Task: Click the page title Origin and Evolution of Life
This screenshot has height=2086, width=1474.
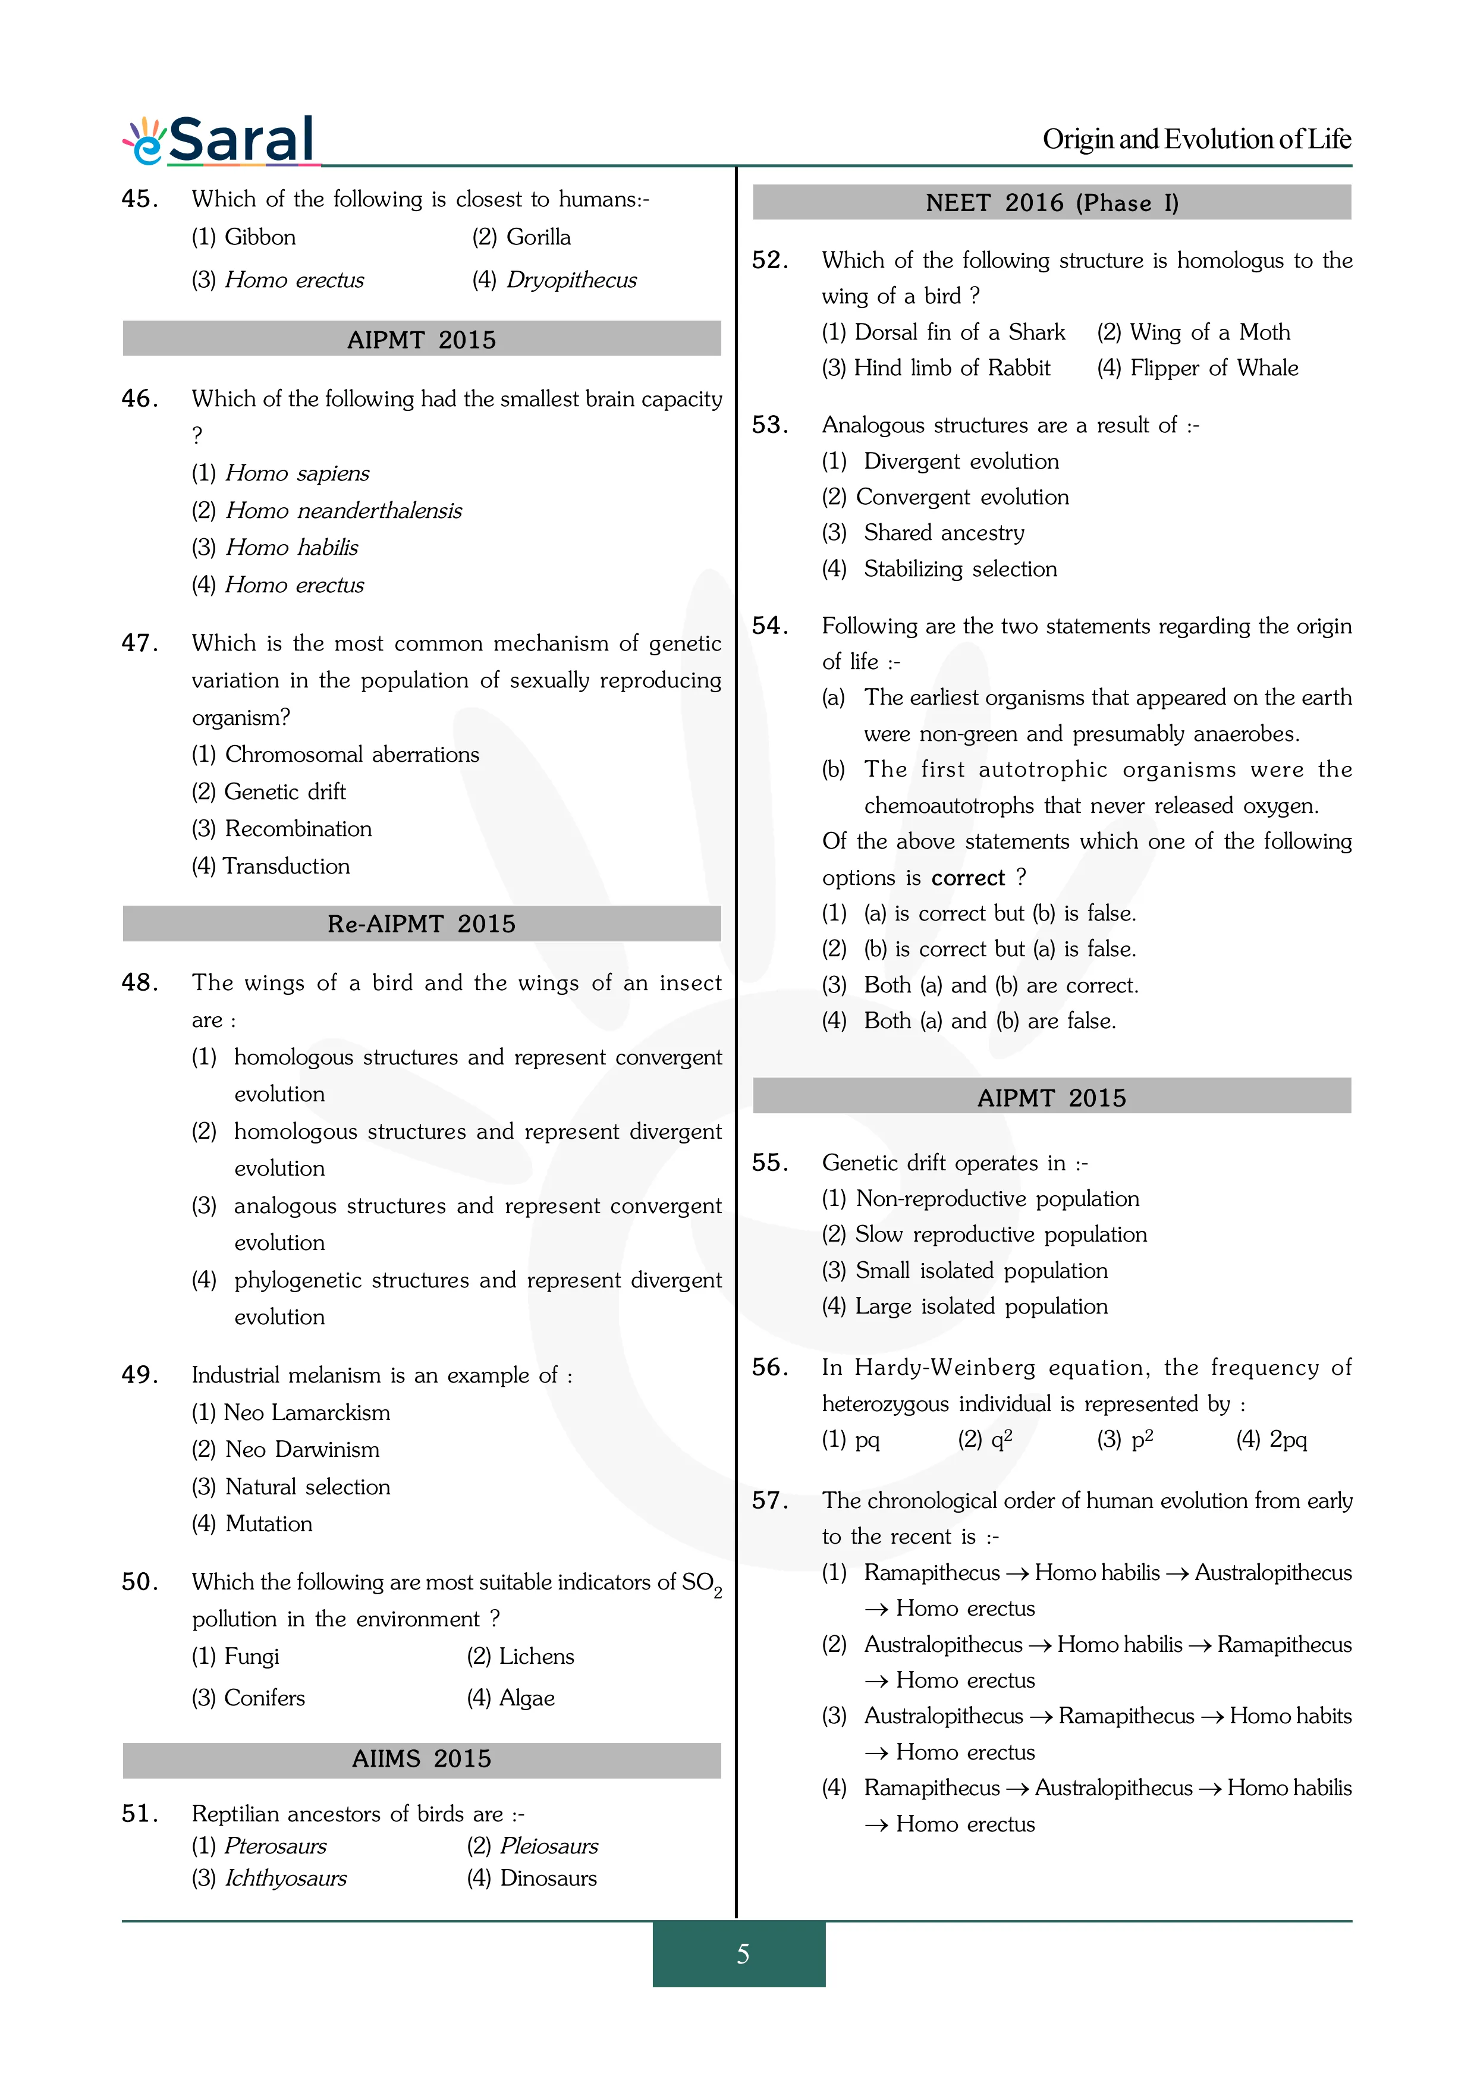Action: [x=1196, y=139]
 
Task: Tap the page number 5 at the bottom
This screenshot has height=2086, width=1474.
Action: [x=742, y=1953]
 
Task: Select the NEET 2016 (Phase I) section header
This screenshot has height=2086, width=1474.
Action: [x=1052, y=203]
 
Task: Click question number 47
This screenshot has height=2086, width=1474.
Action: [x=140, y=643]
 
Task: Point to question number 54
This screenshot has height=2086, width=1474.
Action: [x=770, y=626]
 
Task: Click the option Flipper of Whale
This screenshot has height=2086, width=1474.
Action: [x=1214, y=368]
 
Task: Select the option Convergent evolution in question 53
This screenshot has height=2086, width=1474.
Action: [x=962, y=497]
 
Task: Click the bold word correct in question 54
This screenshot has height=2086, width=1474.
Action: [x=968, y=878]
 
